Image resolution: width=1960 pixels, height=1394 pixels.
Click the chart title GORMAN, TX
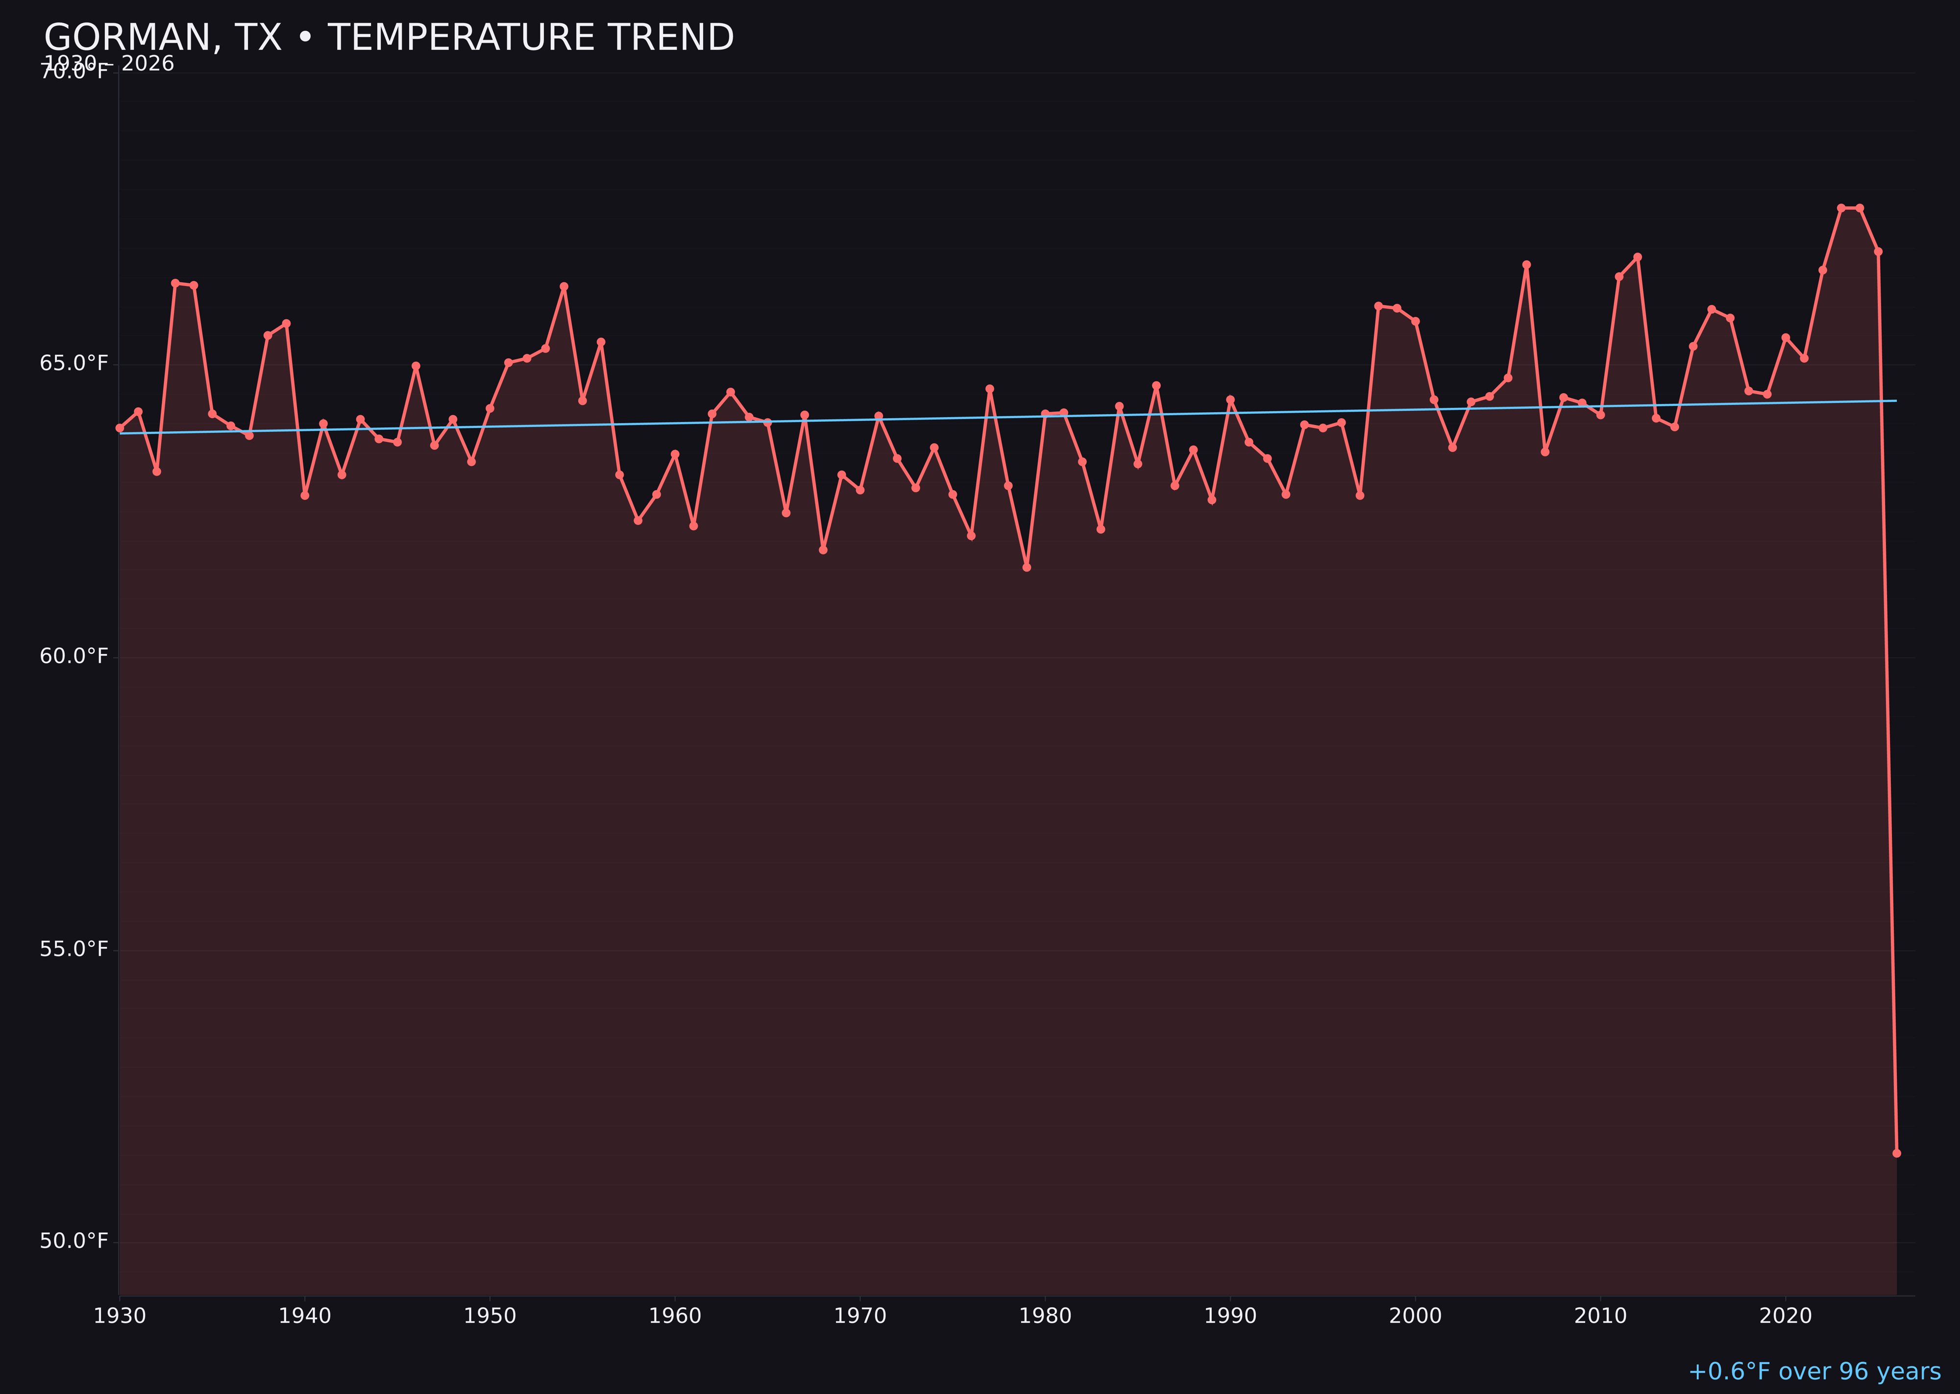[x=389, y=38]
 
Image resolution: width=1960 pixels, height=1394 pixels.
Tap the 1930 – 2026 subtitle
[x=109, y=64]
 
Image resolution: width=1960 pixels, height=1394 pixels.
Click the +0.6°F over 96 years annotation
[x=1813, y=1371]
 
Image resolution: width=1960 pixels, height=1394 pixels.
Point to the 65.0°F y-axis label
[x=74, y=364]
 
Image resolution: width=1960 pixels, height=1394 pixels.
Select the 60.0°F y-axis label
[x=74, y=657]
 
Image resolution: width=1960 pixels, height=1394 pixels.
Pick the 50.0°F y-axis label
[x=74, y=1241]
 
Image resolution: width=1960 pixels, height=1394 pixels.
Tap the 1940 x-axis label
[x=305, y=1316]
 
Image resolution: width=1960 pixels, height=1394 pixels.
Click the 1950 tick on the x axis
[x=490, y=1316]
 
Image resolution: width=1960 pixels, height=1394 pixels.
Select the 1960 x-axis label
[x=675, y=1316]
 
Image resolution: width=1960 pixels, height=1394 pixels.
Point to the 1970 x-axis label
[x=860, y=1316]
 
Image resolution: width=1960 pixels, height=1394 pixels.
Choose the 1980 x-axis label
[x=1045, y=1316]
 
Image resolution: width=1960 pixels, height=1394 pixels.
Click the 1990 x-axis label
[x=1230, y=1316]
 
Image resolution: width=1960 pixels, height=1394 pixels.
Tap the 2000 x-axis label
[x=1415, y=1316]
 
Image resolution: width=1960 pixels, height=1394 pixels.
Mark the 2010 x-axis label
[x=1600, y=1316]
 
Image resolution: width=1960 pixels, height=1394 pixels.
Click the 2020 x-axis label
[x=1786, y=1316]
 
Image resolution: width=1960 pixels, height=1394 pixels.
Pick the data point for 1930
[x=119, y=427]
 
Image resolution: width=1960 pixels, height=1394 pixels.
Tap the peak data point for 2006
[x=1526, y=265]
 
